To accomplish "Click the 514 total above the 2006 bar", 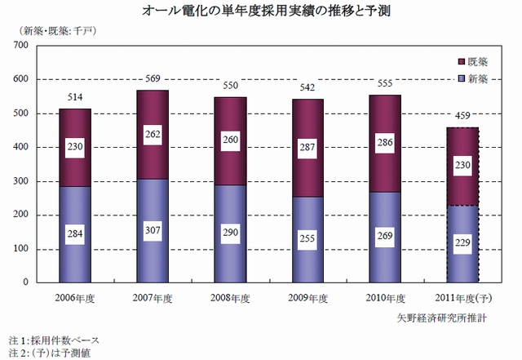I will coord(75,98).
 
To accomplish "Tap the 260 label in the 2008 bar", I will coord(231,140).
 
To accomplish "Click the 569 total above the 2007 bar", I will coord(153,79).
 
